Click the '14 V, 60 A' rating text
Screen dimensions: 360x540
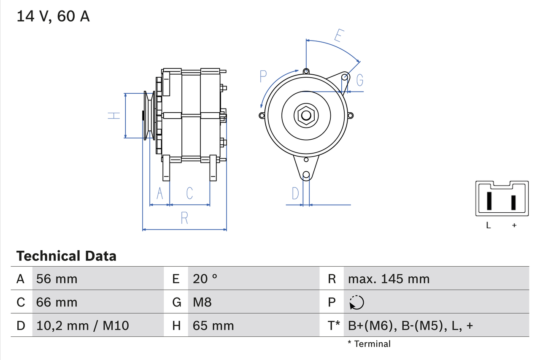[53, 16]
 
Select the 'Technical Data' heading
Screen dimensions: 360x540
[66, 256]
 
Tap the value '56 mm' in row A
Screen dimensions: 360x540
[57, 279]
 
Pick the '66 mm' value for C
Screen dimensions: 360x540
[57, 302]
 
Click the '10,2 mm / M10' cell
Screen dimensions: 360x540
[83, 325]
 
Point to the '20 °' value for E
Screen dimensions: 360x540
[205, 279]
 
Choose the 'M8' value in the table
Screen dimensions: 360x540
[202, 302]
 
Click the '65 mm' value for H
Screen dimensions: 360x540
[213, 325]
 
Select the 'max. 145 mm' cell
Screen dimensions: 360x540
[389, 279]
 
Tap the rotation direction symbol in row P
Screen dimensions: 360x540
[356, 302]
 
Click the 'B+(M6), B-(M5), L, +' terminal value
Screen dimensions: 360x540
[410, 325]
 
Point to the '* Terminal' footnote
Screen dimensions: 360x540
[369, 344]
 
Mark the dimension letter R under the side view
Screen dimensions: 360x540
[184, 218]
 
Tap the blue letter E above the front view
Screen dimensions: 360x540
[337, 35]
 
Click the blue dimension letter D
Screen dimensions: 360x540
[295, 194]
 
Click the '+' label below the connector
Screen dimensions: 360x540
[514, 225]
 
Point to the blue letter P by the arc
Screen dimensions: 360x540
[263, 76]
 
